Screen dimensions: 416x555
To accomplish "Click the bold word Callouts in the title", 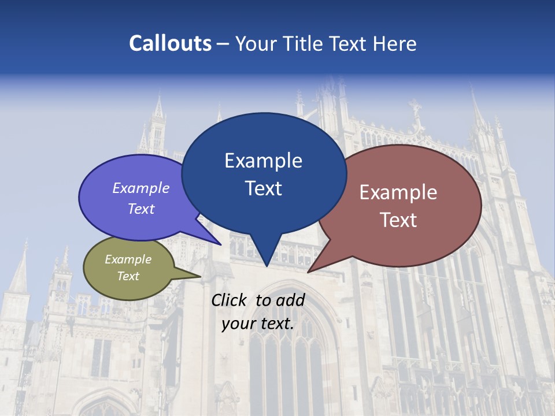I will point(171,43).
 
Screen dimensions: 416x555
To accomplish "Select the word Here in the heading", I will point(395,43).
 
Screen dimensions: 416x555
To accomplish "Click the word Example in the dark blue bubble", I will point(263,161).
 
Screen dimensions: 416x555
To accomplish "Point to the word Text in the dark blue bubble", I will point(263,188).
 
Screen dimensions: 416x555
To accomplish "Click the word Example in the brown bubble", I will point(398,192).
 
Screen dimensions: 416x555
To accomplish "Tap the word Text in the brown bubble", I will point(398,220).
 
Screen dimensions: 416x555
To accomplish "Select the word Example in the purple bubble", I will point(141,188).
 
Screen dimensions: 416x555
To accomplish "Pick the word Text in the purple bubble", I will point(141,209).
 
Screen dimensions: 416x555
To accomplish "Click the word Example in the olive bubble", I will point(128,259).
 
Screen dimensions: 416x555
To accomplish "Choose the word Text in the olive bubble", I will point(128,276).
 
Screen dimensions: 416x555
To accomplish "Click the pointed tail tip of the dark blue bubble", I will point(267,266).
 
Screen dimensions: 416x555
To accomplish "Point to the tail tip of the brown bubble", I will point(308,272).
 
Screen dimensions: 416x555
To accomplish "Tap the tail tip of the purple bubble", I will point(220,245).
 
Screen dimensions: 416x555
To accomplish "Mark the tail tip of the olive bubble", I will point(200,277).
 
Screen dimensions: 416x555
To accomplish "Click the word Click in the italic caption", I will point(230,300).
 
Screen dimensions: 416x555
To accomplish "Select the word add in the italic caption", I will point(290,300).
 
